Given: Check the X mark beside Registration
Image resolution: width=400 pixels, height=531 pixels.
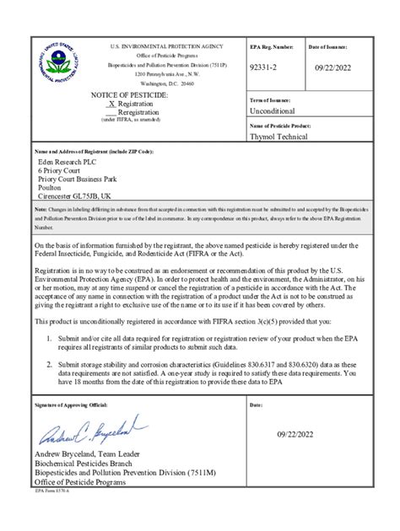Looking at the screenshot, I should click(111, 105).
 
